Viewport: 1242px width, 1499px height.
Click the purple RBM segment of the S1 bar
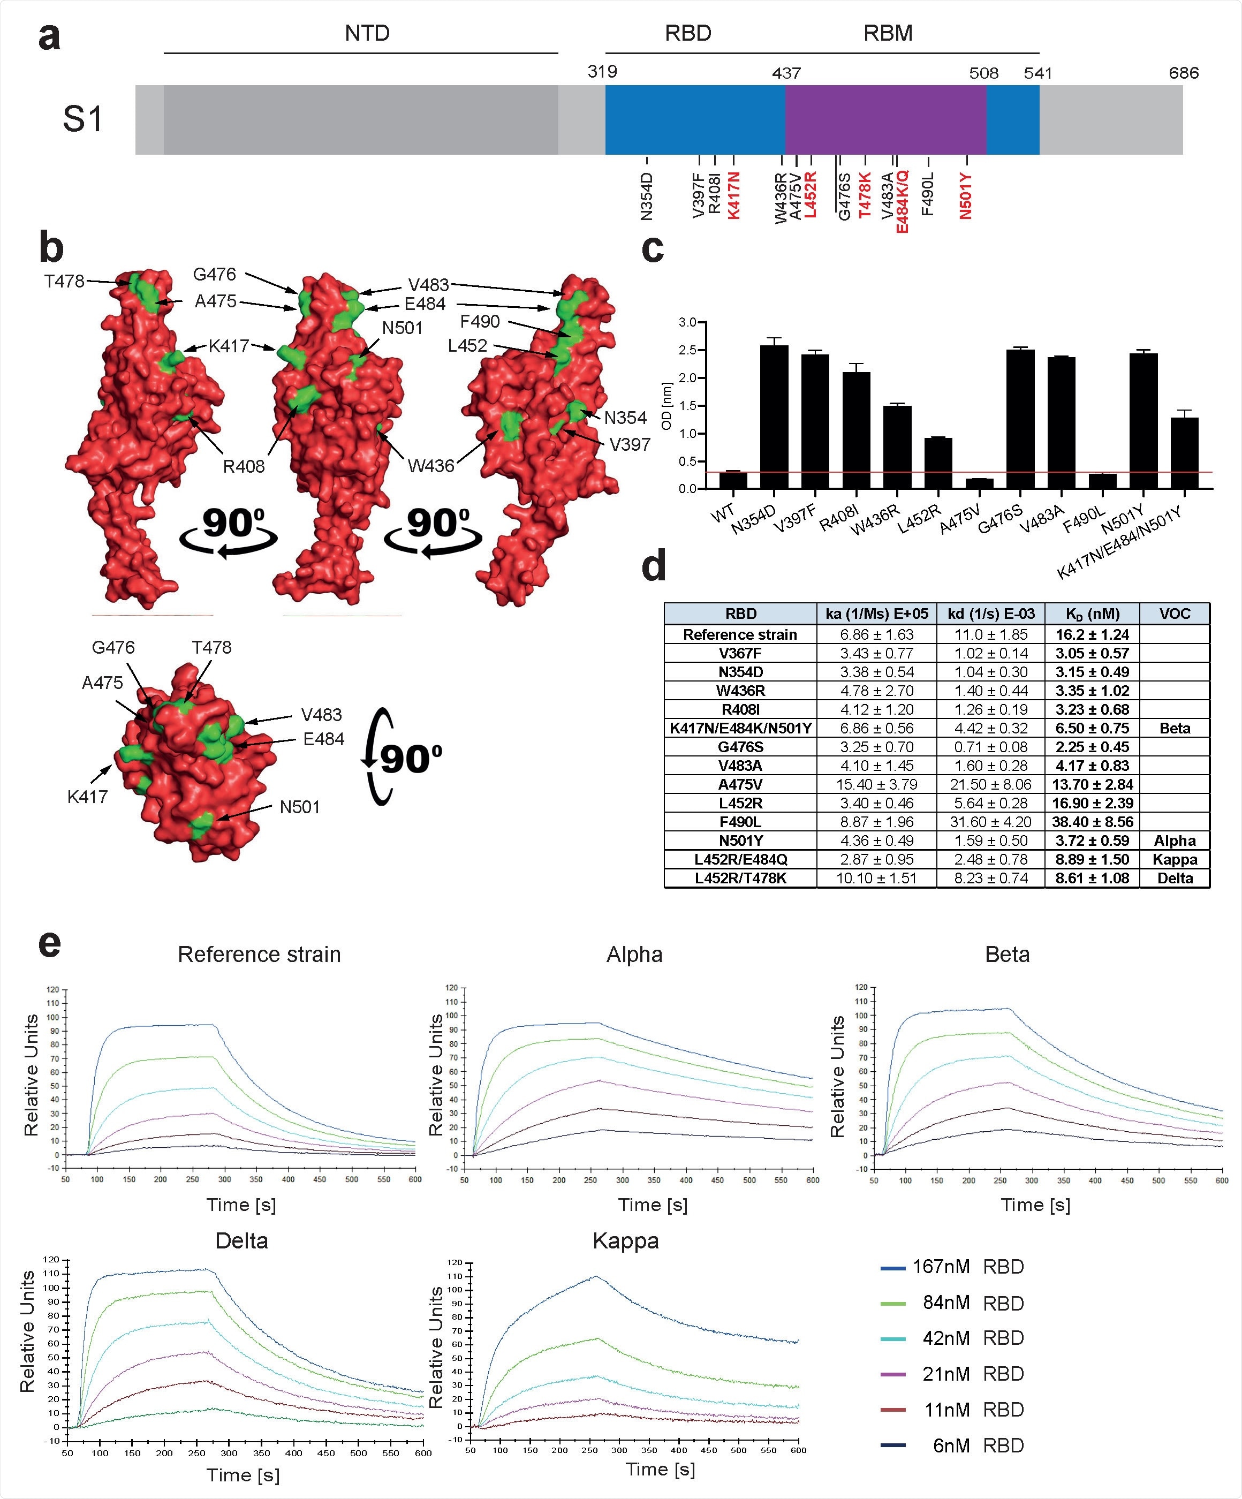pyautogui.click(x=885, y=119)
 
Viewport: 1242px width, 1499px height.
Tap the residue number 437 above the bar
pyautogui.click(x=786, y=73)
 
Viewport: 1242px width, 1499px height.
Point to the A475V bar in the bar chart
pyautogui.click(x=979, y=483)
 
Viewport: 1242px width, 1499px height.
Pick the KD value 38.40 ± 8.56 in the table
pyautogui.click(x=1092, y=822)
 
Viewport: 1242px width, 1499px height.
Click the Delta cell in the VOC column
pyautogui.click(x=1174, y=878)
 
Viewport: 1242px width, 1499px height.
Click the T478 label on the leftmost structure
pyautogui.click(x=64, y=281)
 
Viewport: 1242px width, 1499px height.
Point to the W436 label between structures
pyautogui.click(x=430, y=466)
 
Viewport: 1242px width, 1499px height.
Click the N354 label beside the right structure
pyautogui.click(x=625, y=418)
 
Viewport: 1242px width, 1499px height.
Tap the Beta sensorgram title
pyautogui.click(x=1006, y=955)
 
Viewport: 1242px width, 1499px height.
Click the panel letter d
pyautogui.click(x=654, y=565)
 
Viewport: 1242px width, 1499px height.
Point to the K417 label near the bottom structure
pyautogui.click(x=87, y=797)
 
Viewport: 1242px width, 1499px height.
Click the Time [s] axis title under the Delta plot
pyautogui.click(x=243, y=1475)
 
